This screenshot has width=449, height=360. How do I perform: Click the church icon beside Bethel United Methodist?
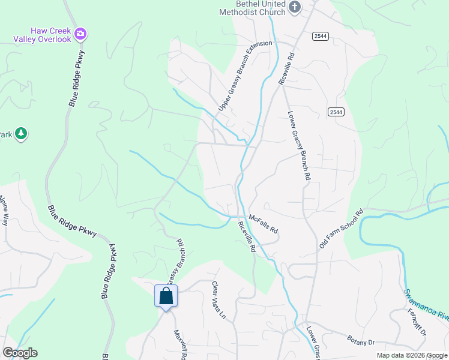(294, 7)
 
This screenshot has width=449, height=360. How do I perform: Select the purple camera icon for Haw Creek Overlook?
(81, 34)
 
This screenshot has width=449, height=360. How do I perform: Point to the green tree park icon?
(22, 133)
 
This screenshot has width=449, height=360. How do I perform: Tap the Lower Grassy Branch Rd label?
(298, 146)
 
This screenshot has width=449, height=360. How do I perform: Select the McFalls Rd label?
(264, 225)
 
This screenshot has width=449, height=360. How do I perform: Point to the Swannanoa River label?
(426, 307)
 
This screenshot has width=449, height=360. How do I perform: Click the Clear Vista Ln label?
(218, 300)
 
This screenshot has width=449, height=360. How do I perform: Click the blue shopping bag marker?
(166, 296)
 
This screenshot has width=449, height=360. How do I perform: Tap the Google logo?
(20, 353)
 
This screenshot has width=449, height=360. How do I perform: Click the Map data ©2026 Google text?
(412, 355)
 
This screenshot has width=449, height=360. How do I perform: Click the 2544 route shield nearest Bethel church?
(320, 36)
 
